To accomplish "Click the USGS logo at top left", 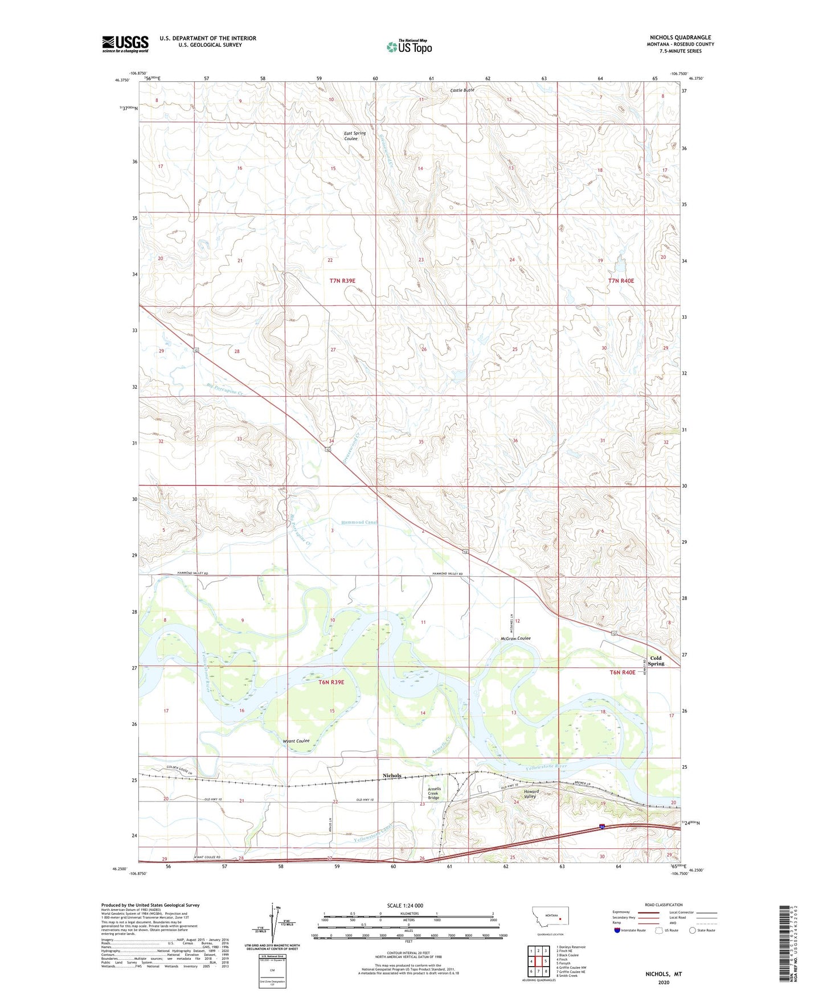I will (x=125, y=44).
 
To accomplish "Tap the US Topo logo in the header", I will (x=409, y=47).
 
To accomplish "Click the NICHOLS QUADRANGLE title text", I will (x=680, y=38).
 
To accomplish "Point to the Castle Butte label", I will (x=462, y=90).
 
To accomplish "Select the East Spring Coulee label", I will (x=355, y=136).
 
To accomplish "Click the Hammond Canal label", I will (x=359, y=522).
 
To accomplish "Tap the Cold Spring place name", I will (x=656, y=660).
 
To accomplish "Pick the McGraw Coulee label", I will (x=515, y=638).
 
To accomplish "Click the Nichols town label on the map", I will (x=392, y=775).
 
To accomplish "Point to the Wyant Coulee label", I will (x=296, y=741).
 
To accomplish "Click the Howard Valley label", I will (x=530, y=794).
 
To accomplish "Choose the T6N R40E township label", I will (x=622, y=672).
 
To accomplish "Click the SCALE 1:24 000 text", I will (x=404, y=906).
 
